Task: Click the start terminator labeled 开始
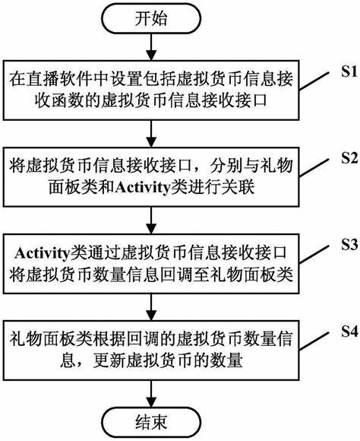(x=151, y=18)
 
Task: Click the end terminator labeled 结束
(x=151, y=422)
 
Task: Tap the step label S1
(x=349, y=71)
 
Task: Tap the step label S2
(x=349, y=158)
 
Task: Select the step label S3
(x=349, y=245)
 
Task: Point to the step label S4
(x=349, y=332)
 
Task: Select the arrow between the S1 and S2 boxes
(x=151, y=134)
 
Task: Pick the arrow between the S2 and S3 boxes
(x=151, y=220)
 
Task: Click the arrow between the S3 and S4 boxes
(x=151, y=307)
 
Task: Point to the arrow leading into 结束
(x=151, y=393)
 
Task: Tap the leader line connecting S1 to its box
(x=314, y=81)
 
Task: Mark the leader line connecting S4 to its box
(x=314, y=341)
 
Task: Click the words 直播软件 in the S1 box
(x=58, y=79)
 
